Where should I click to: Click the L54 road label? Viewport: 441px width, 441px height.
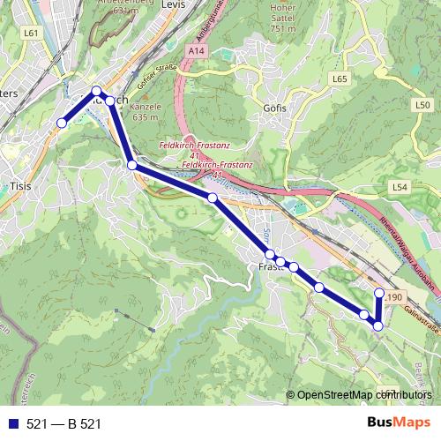[x=400, y=188]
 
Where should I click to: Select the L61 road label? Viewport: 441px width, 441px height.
[x=32, y=33]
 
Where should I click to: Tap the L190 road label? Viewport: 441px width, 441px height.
[x=392, y=296]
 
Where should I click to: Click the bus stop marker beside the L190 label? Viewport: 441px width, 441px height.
[x=379, y=293]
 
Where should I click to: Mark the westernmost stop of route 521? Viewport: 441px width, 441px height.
[x=62, y=123]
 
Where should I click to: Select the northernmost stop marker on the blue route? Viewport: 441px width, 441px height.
[x=97, y=90]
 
